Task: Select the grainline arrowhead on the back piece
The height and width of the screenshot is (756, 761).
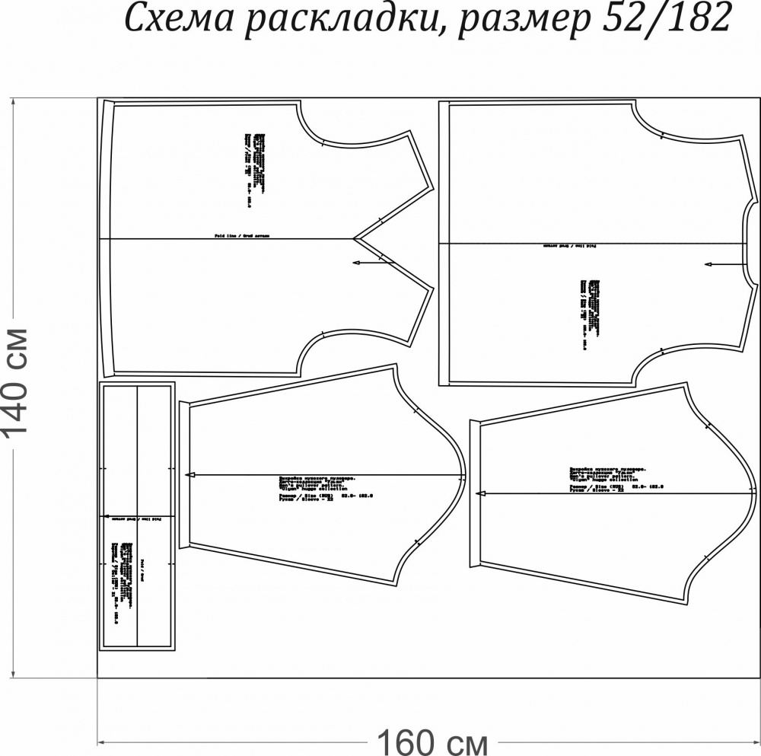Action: (x=708, y=264)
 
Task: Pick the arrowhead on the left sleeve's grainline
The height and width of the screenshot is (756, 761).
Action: (x=191, y=474)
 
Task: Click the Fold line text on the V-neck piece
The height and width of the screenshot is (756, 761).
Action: (x=242, y=237)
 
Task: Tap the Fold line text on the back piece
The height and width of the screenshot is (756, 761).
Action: (x=568, y=246)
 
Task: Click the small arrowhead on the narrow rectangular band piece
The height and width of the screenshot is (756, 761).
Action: (x=105, y=515)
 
